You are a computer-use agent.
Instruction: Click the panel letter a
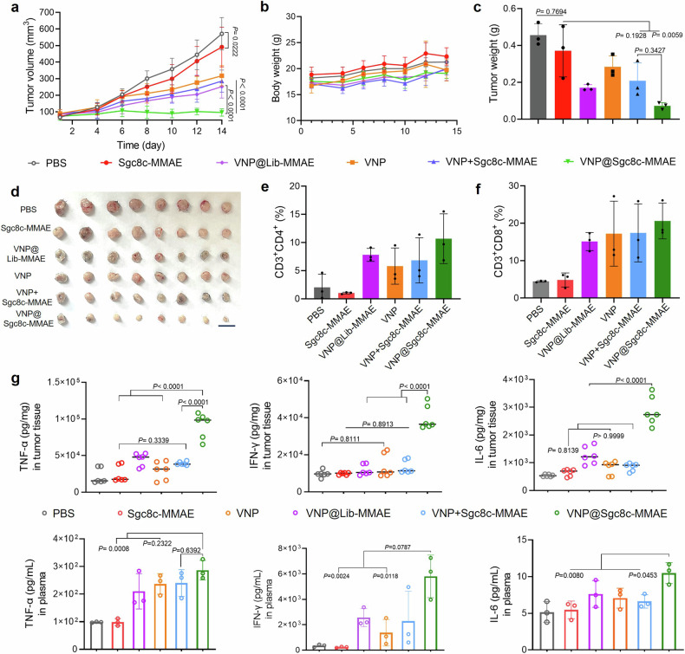7,8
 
